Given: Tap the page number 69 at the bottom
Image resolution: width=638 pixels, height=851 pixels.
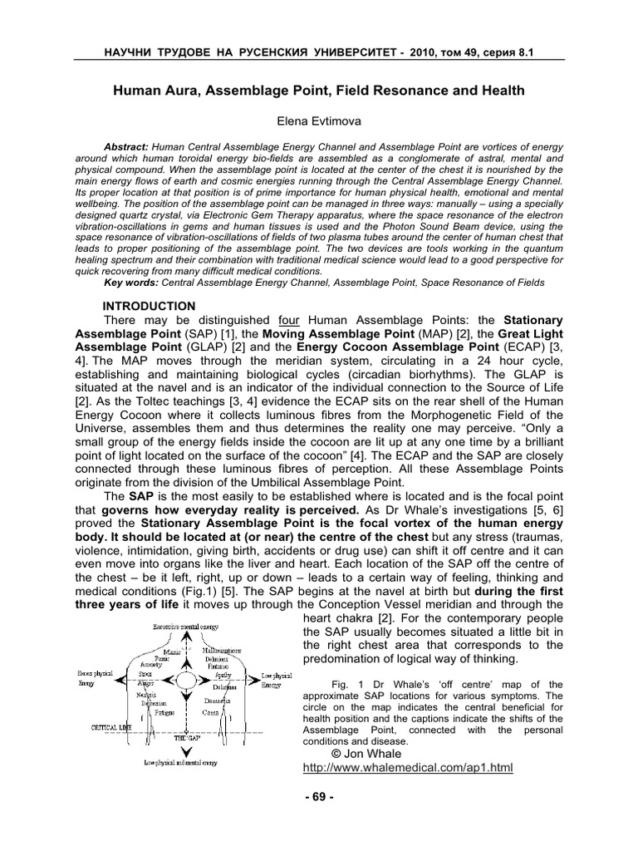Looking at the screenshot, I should point(319,797).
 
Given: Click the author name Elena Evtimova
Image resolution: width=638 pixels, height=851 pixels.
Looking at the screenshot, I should point(319,121).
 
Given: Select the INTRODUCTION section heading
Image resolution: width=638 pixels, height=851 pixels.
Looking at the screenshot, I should point(149,306).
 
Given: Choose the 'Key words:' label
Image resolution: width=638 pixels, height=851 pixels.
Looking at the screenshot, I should point(130,283).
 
